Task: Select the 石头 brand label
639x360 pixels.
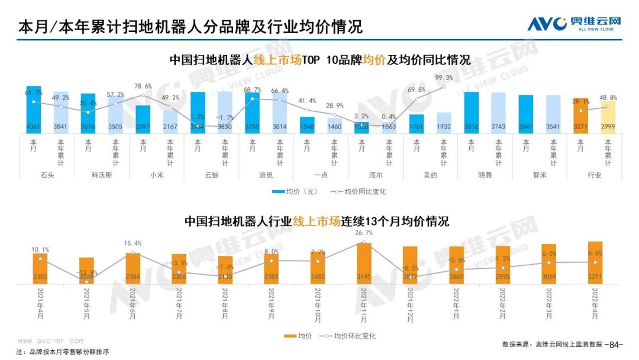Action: [x=47, y=175]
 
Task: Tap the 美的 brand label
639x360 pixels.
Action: [x=430, y=175]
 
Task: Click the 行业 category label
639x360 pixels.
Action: [x=594, y=175]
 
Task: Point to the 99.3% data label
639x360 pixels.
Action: [x=444, y=78]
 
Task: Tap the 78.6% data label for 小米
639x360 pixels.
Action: [x=143, y=86]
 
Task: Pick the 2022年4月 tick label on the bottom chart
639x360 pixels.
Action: [x=594, y=303]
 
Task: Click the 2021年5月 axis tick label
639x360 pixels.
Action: [x=86, y=303]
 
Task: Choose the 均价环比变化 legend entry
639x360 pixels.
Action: [x=347, y=336]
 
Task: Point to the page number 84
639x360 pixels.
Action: [x=617, y=343]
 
